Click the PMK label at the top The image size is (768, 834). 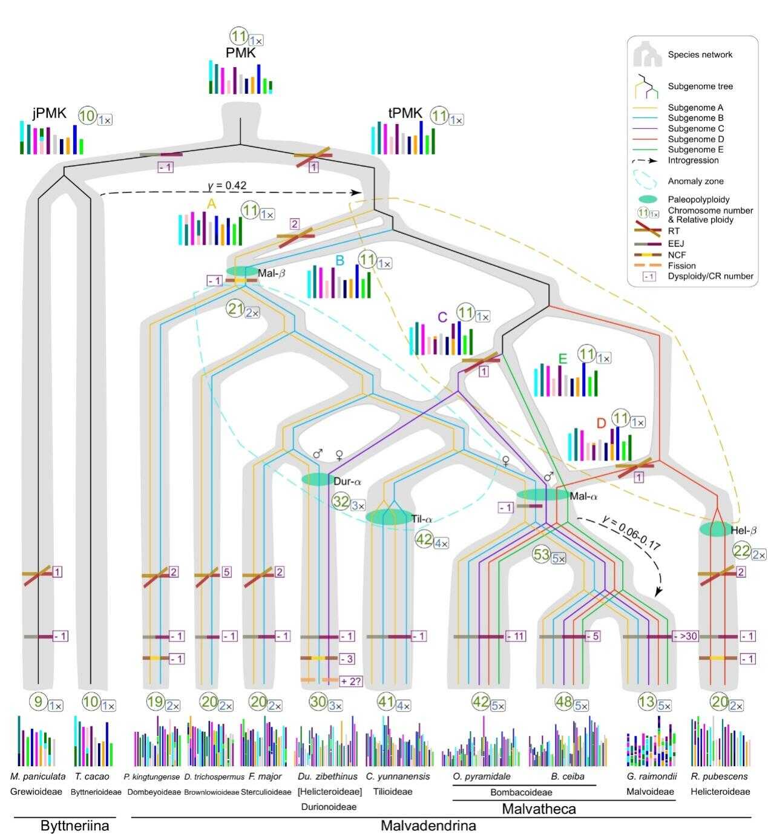pyautogui.click(x=241, y=53)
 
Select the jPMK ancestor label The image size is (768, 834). pyautogui.click(x=50, y=113)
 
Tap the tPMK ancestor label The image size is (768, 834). pyautogui.click(x=405, y=113)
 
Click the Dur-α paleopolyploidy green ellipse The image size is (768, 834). pyautogui.click(x=317, y=479)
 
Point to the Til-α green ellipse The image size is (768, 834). pyautogui.click(x=387, y=517)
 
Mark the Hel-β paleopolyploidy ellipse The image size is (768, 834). pyautogui.click(x=715, y=529)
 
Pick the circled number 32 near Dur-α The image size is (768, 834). pyautogui.click(x=340, y=502)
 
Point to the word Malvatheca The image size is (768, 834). pyautogui.click(x=539, y=809)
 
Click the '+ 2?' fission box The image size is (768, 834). pyautogui.click(x=347, y=680)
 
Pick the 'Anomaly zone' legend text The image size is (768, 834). pyautogui.click(x=695, y=181)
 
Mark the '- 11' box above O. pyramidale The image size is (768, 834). pyautogui.click(x=516, y=637)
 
